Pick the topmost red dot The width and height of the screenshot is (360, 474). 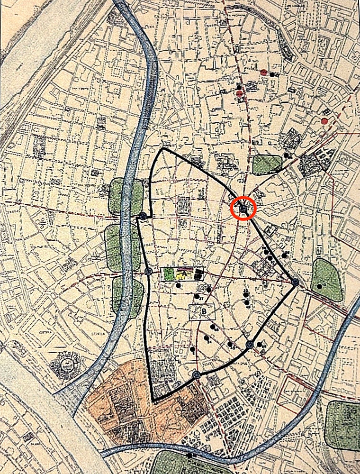[263, 73]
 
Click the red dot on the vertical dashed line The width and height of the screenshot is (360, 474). [240, 93]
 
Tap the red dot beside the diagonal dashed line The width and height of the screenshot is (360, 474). [324, 121]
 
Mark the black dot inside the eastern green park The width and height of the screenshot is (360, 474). [320, 286]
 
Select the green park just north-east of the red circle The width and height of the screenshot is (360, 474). [267, 164]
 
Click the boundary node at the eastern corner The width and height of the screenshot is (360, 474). [295, 283]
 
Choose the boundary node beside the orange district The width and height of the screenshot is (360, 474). [196, 375]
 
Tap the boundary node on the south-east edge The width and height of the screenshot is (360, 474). [249, 345]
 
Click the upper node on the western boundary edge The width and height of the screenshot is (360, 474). [143, 217]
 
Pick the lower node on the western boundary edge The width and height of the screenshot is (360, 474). [148, 272]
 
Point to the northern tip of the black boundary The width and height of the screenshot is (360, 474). [163, 149]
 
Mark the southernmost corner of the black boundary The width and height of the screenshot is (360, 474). [154, 401]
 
